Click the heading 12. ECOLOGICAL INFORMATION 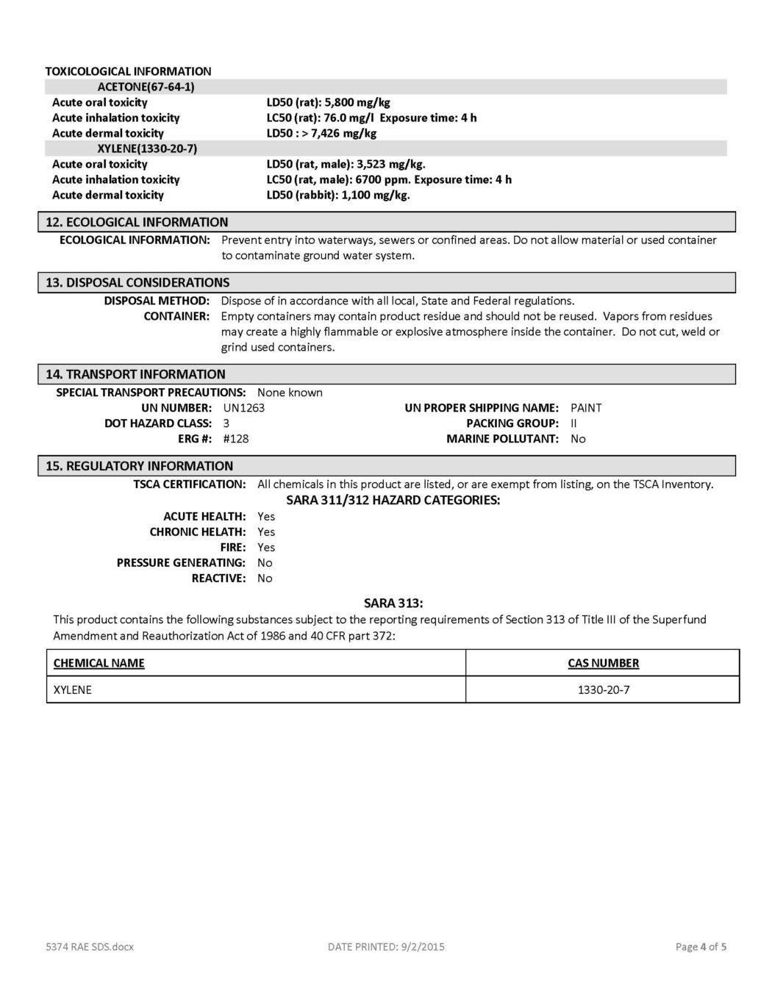click(137, 222)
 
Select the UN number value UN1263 click(243, 408)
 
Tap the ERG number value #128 click(235, 439)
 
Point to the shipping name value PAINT click(586, 408)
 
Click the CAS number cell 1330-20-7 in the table click(603, 690)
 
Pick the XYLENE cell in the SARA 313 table click(73, 690)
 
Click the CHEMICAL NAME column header click(99, 663)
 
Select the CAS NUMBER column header click(603, 663)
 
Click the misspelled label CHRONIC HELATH click(197, 531)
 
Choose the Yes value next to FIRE click(266, 547)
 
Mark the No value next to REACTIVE click(265, 578)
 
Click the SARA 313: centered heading click(393, 603)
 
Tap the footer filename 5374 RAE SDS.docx click(88, 947)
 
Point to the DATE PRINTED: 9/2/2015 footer click(386, 947)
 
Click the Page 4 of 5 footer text click(701, 947)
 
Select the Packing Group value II click(573, 423)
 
